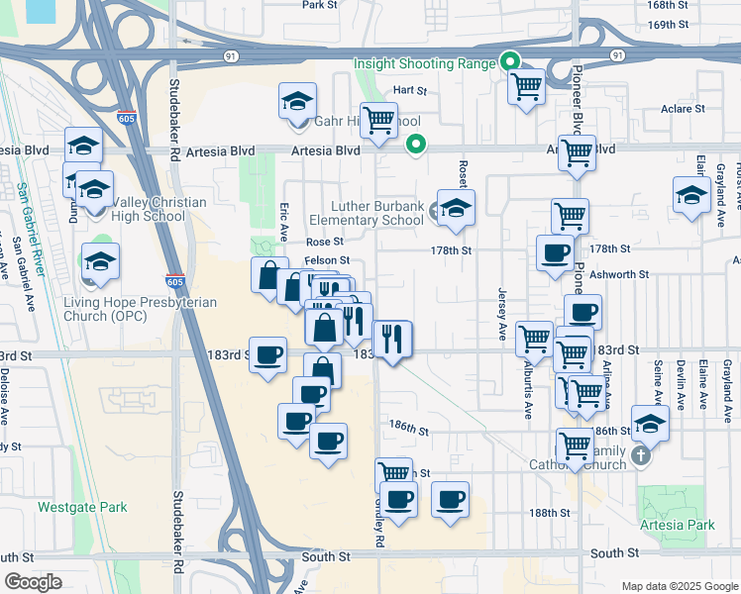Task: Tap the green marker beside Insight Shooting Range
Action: [x=510, y=60]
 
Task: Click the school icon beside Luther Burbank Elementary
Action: [x=456, y=208]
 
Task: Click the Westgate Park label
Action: [x=82, y=507]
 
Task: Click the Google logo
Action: [x=33, y=582]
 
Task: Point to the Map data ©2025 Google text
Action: [x=679, y=586]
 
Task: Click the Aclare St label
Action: [x=684, y=108]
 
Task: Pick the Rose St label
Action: [x=324, y=242]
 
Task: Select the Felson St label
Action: [x=321, y=259]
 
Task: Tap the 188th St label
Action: [x=550, y=513]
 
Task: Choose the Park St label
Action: [x=319, y=5]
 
